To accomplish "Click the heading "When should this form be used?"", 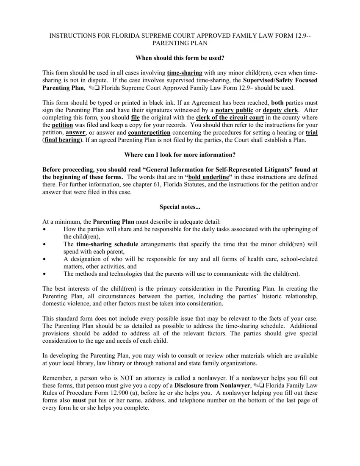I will (180, 58).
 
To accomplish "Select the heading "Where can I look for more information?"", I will (180, 155).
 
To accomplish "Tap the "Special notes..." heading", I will (180, 207).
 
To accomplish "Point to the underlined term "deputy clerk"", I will (280, 110).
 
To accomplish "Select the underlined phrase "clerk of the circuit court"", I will (230, 117).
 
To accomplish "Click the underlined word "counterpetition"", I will (149, 133).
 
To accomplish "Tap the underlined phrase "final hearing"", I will (62, 140).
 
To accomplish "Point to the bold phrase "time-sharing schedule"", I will (107, 244).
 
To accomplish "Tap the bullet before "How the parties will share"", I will (45, 229).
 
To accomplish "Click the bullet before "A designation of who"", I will (45, 259).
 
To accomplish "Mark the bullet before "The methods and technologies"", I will (45, 274).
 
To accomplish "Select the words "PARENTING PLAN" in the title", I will (180, 43).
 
